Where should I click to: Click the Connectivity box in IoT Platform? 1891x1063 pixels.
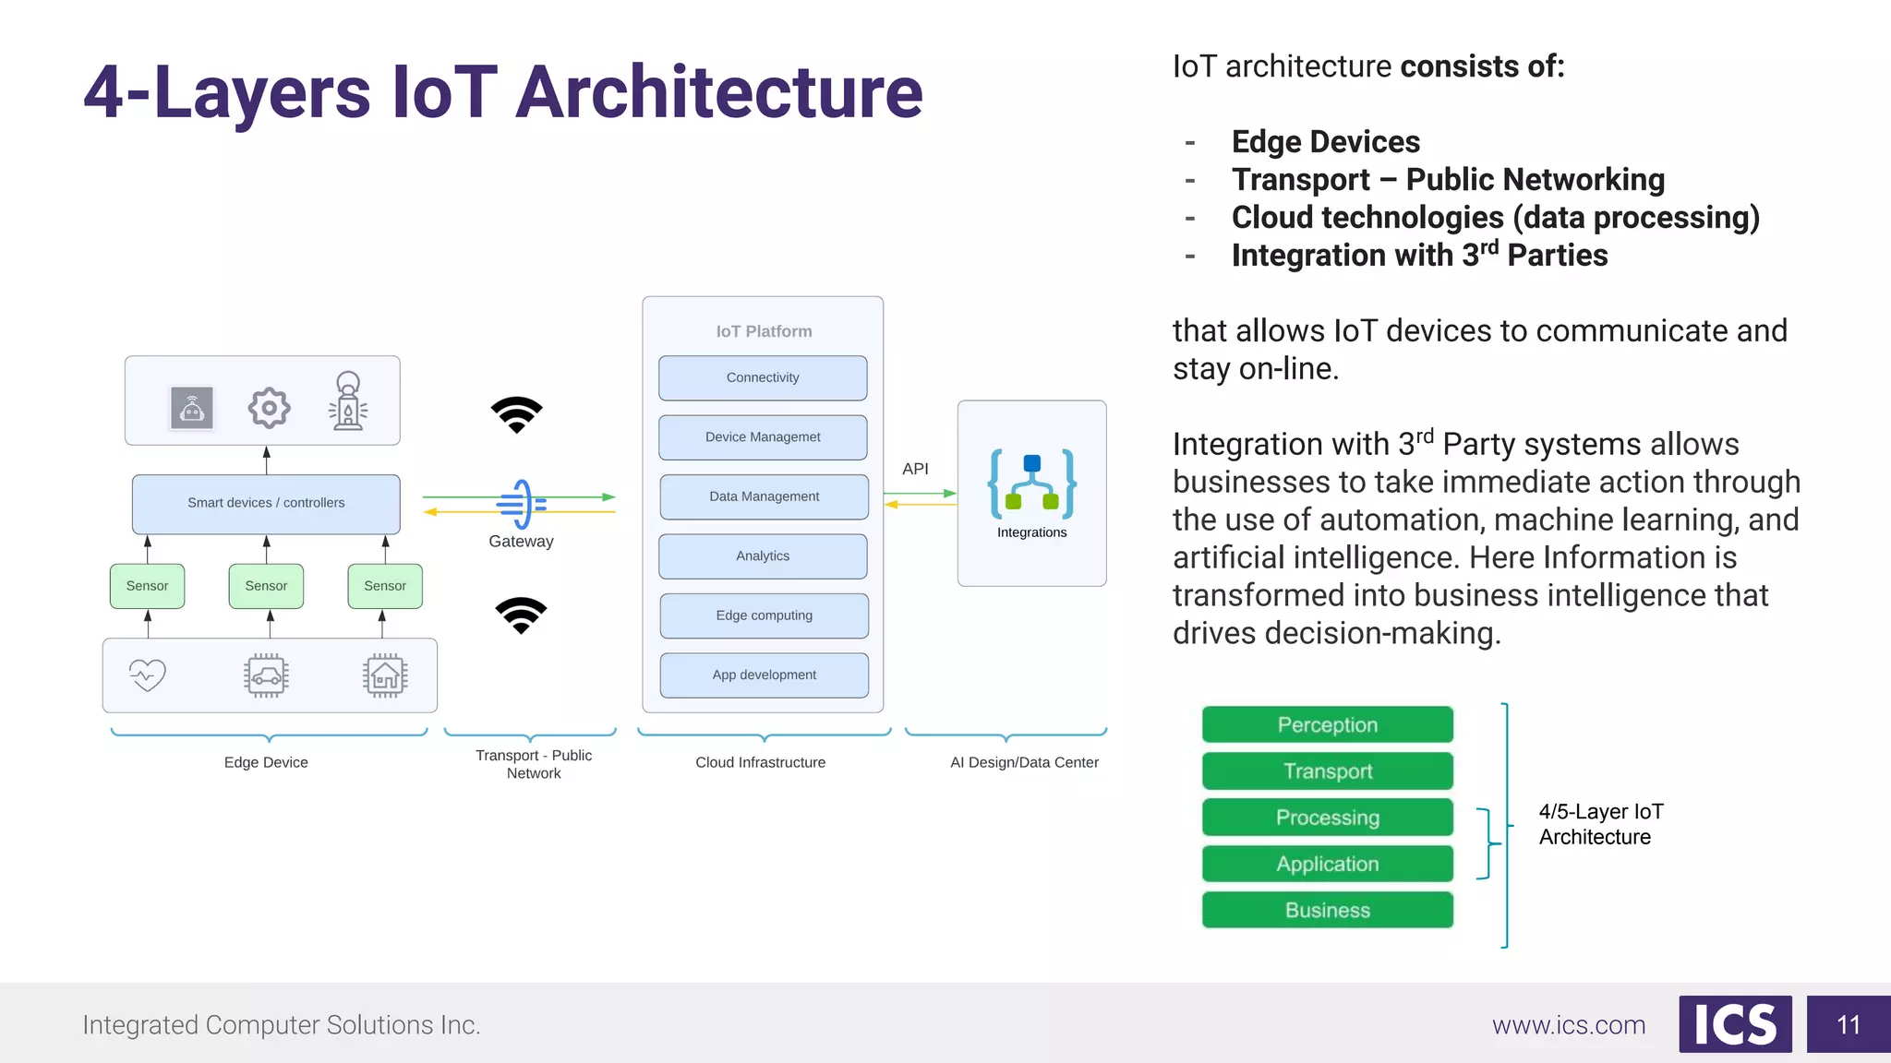click(x=763, y=378)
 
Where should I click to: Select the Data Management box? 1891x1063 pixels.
click(x=764, y=496)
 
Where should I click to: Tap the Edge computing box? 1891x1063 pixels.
click(x=764, y=615)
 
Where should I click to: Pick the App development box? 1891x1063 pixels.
click(x=764, y=675)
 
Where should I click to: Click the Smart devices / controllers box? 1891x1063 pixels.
click(x=266, y=503)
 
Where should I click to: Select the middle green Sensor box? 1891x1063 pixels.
click(x=266, y=586)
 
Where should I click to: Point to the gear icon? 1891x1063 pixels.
click(x=269, y=408)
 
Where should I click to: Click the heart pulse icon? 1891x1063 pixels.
click(x=148, y=675)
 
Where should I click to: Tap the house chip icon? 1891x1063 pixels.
click(x=385, y=676)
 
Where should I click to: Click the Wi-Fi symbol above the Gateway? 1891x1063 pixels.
click(x=517, y=414)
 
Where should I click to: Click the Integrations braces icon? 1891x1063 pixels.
click(x=1031, y=484)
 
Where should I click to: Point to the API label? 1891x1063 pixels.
click(x=915, y=469)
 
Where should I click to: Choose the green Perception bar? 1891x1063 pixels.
click(x=1327, y=725)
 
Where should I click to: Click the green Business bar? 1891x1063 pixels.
click(x=1327, y=911)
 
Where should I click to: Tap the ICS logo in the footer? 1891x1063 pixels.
click(x=1735, y=1024)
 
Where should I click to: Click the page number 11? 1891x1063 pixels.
click(x=1848, y=1025)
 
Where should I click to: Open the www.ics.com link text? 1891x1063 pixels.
click(x=1569, y=1025)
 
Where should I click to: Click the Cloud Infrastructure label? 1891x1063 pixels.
click(x=760, y=762)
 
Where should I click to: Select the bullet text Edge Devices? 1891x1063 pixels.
click(x=1325, y=142)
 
